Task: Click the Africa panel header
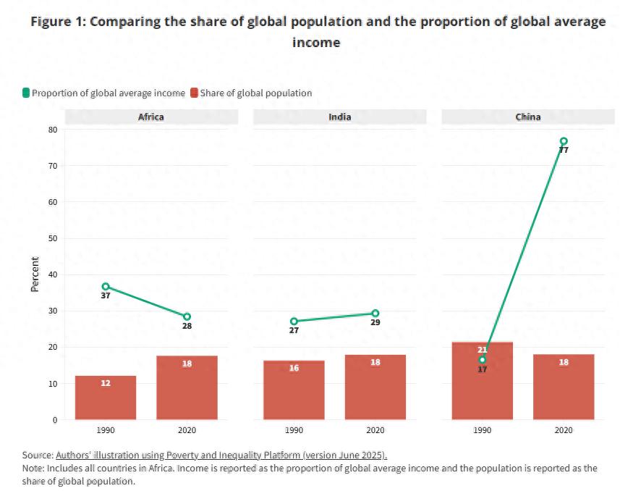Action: [150, 117]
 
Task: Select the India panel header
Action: [339, 117]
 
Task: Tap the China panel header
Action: [527, 117]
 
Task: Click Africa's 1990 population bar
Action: [106, 398]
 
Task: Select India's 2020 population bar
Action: [375, 387]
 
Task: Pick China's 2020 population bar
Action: [563, 387]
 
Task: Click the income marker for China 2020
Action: [564, 141]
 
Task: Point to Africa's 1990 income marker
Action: [106, 287]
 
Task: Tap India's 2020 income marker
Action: [375, 314]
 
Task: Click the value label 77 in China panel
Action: [564, 151]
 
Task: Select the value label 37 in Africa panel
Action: [106, 296]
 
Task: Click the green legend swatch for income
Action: [26, 93]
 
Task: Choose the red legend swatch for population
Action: [194, 93]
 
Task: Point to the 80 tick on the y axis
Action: [52, 130]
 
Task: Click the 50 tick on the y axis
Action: [52, 238]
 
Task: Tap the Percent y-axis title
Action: [35, 274]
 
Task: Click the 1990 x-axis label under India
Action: [294, 430]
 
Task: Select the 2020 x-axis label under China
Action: [563, 430]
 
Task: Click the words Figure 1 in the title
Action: [59, 22]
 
